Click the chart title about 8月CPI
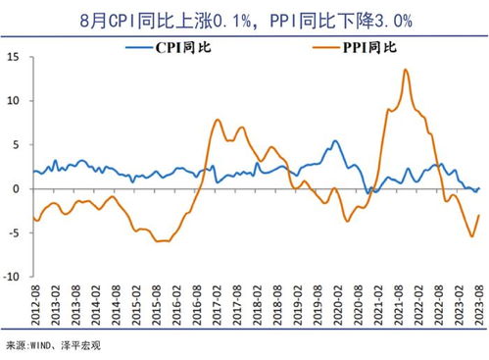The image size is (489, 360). tap(244, 18)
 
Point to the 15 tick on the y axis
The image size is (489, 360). tap(15, 57)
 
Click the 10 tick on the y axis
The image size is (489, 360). tap(15, 100)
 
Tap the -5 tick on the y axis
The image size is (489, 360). tap(16, 232)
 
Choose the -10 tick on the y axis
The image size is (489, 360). tap(13, 277)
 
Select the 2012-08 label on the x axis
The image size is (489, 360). tap(35, 308)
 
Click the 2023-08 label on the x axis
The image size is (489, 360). tap(477, 308)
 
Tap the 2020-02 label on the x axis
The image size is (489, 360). tap(336, 308)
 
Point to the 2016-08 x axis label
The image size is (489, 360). tap(196, 308)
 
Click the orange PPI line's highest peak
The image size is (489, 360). tap(406, 70)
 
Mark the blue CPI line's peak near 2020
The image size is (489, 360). tap(335, 141)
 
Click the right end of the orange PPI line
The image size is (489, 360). tap(478, 215)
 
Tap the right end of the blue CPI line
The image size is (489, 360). tap(478, 187)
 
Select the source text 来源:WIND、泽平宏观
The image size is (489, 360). tap(53, 345)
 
